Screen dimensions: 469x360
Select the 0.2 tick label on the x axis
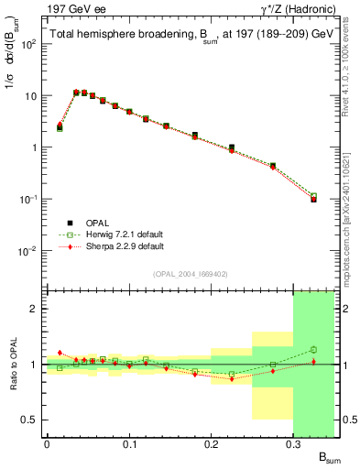(x=212, y=443)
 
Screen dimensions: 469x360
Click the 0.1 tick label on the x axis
(x=129, y=443)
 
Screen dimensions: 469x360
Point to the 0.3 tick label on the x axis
(x=294, y=443)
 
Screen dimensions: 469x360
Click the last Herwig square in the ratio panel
(x=313, y=349)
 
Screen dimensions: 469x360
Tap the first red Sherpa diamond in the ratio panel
(x=60, y=353)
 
